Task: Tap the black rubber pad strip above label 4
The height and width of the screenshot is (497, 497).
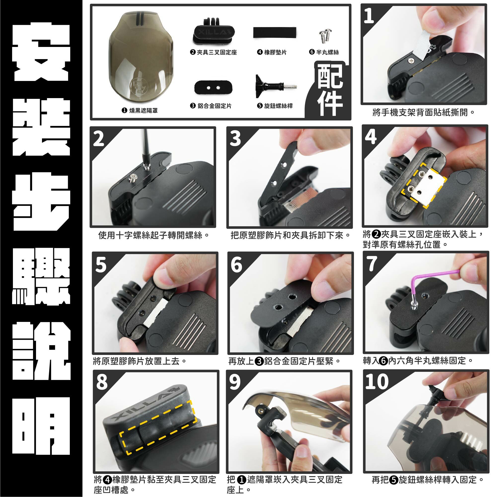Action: tap(274, 32)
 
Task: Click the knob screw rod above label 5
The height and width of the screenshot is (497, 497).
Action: tap(275, 86)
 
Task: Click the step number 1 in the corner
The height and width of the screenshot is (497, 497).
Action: tap(369, 16)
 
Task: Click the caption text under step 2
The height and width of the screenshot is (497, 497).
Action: tap(153, 235)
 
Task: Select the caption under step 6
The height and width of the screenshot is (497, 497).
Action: tap(285, 361)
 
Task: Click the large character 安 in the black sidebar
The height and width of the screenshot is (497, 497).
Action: tap(41, 51)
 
